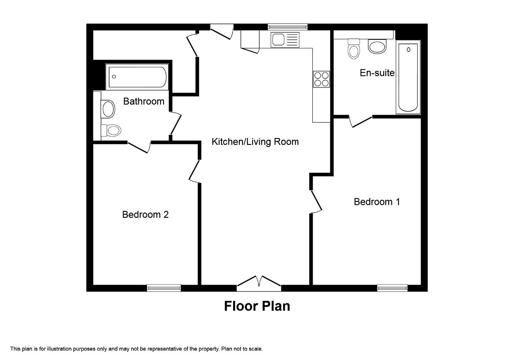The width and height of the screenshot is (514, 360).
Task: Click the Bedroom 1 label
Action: tap(377, 202)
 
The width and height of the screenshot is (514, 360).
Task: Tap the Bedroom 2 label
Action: tap(145, 215)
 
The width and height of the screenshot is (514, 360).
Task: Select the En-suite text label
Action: tap(377, 73)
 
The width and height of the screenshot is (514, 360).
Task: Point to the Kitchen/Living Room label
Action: tap(255, 142)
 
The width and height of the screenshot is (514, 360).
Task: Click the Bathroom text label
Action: tap(143, 101)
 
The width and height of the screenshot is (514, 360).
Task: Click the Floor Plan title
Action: tap(257, 306)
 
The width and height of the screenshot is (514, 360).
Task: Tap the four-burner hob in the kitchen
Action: tap(322, 79)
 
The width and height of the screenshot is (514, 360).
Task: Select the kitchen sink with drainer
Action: tap(285, 40)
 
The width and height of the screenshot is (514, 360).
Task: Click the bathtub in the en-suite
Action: tap(408, 77)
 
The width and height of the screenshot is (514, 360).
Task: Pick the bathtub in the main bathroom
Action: tap(137, 77)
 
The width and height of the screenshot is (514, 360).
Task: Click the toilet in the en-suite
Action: tap(354, 49)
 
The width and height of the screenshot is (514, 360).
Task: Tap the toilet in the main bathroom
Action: tap(111, 130)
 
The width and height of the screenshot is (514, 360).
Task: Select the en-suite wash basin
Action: tap(377, 46)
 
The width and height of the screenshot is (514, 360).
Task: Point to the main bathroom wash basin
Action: tap(108, 109)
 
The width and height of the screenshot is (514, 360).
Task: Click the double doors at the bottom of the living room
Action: tap(259, 283)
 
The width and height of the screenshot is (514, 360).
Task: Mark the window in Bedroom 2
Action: tap(164, 288)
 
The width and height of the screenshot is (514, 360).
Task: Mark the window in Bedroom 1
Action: tap(392, 288)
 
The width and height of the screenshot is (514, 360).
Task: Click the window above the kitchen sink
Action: tap(287, 27)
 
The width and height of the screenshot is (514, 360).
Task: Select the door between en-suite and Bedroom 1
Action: tap(361, 122)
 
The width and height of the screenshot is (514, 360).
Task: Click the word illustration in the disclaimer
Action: tap(60, 349)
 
